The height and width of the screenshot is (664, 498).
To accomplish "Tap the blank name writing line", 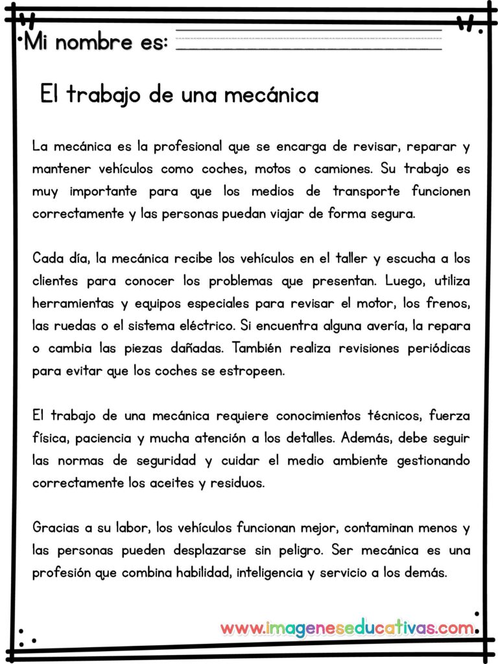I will (x=309, y=39).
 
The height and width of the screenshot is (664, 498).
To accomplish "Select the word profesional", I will (x=184, y=146).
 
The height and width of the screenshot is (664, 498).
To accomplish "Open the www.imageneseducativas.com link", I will (x=347, y=628).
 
